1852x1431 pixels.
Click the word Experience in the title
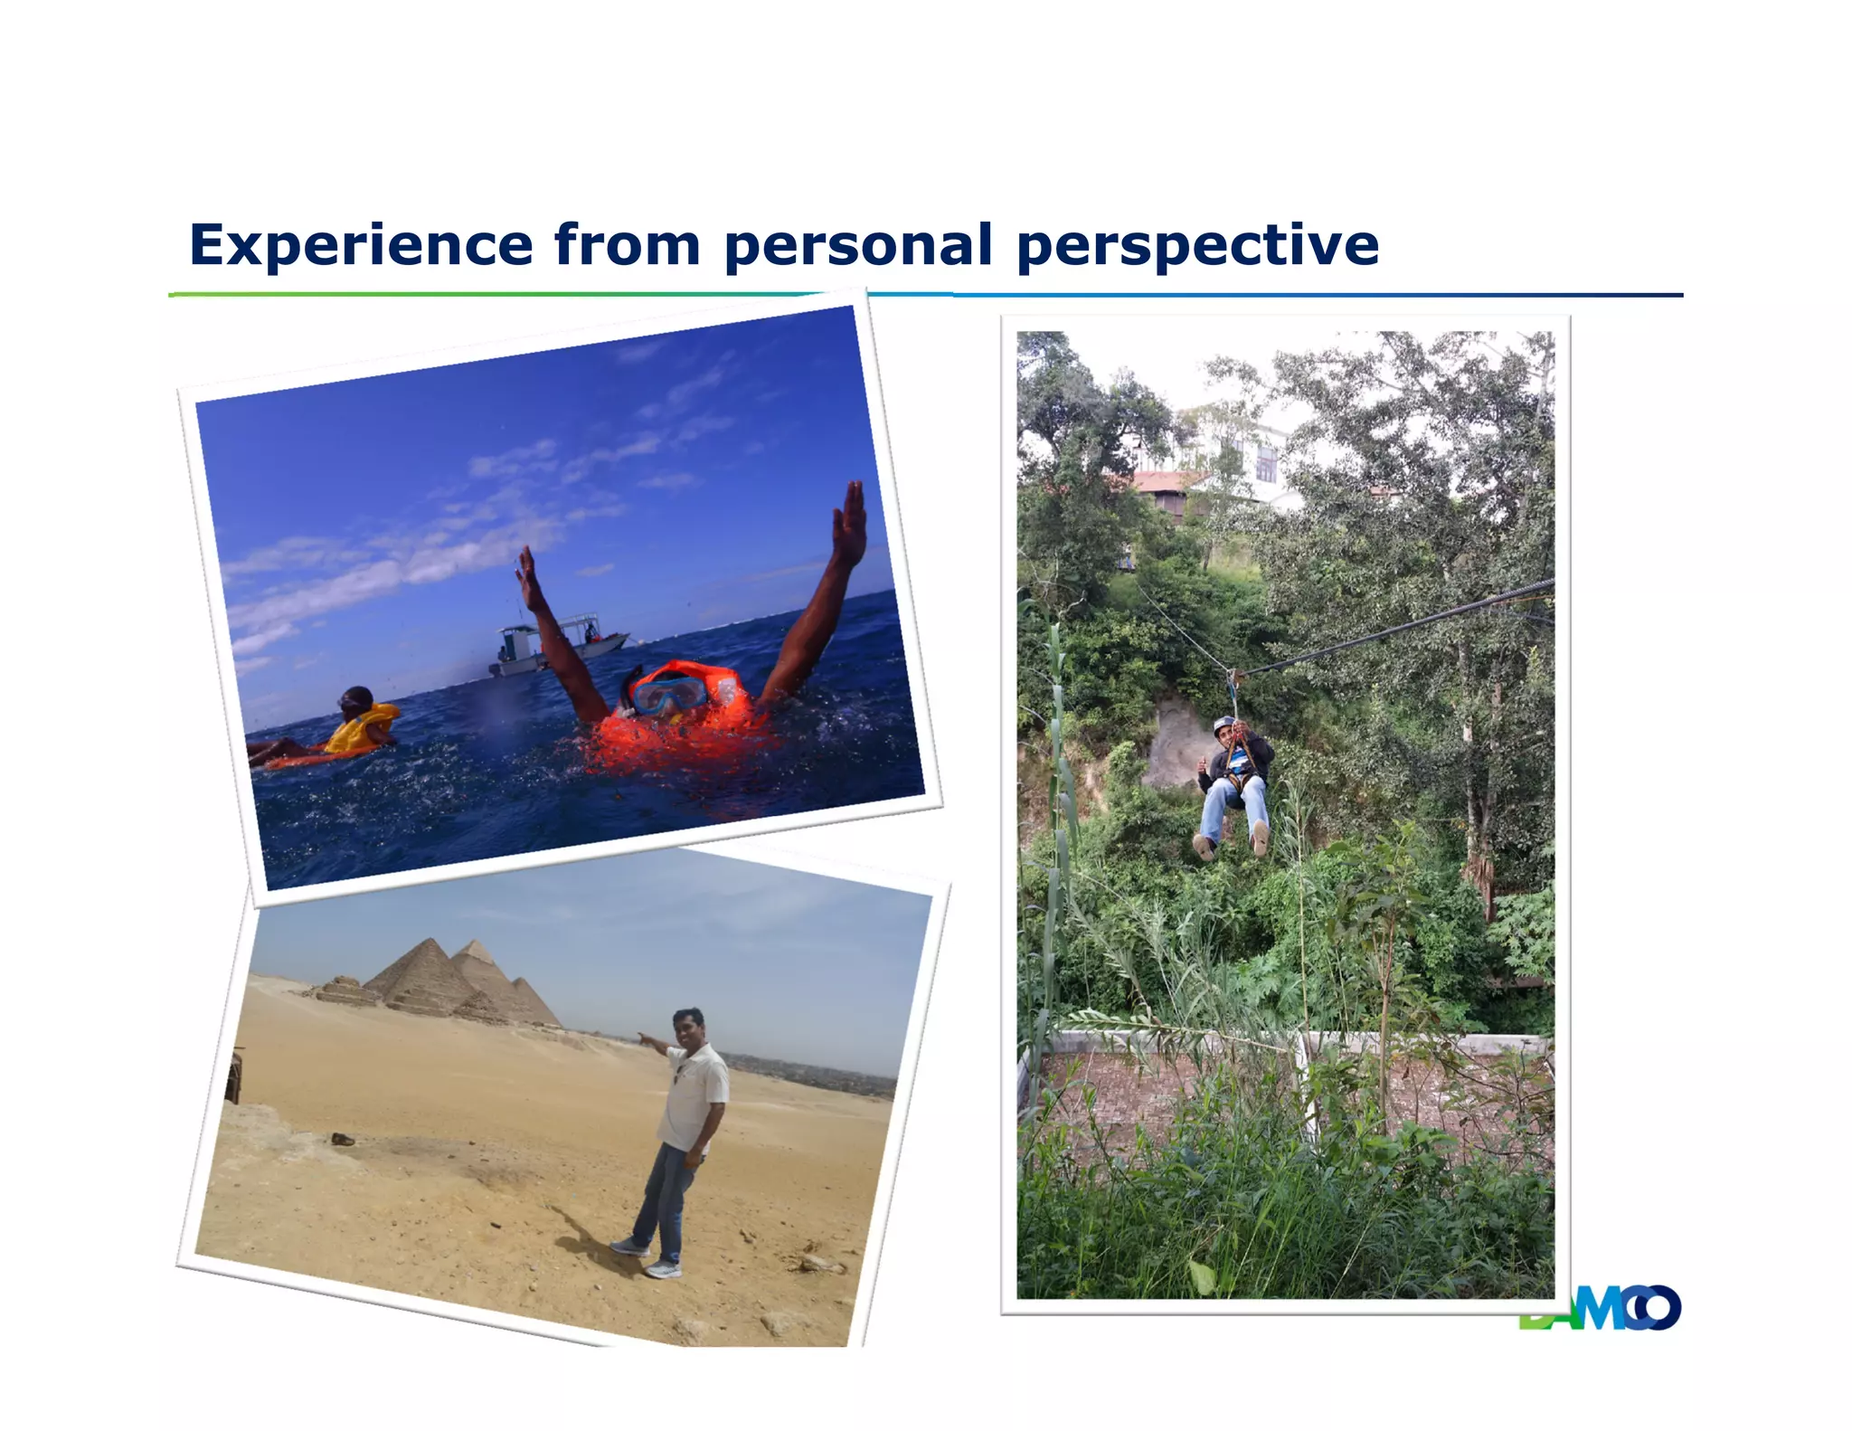point(361,245)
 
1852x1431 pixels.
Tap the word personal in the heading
point(858,245)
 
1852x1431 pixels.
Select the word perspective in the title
point(1197,245)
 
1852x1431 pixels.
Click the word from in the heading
point(627,245)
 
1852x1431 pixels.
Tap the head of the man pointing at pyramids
point(688,1027)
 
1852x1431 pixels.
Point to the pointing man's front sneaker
point(664,1269)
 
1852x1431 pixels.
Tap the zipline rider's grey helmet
point(1223,725)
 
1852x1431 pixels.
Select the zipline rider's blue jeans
point(1235,805)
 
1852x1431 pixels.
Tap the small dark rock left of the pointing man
point(343,1139)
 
